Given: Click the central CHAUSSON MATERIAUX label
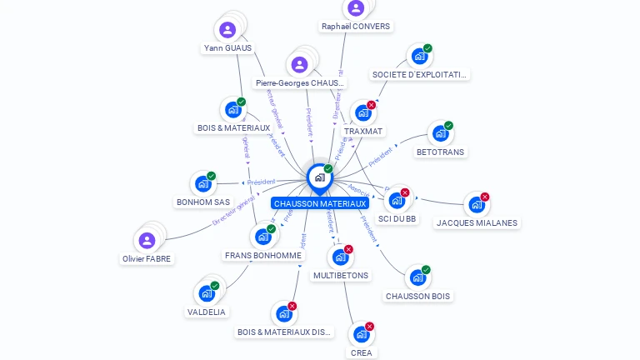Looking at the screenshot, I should click(319, 203).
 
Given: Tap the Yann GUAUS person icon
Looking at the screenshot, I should click(227, 30).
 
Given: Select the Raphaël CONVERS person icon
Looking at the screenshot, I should click(356, 8).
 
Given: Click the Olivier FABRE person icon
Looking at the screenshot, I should click(147, 241).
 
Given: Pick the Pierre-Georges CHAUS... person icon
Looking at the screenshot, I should click(300, 64).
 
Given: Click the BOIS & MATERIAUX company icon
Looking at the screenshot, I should click(232, 110).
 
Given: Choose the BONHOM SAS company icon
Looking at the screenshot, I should click(202, 184).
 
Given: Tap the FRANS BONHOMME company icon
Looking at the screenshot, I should click(262, 237).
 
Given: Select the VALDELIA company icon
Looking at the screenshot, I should click(206, 293).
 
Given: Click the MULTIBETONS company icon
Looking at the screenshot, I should click(340, 257).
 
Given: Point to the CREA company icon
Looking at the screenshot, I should click(361, 334).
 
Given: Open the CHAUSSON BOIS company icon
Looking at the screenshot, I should click(417, 277).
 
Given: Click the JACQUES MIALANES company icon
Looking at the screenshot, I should click(476, 205).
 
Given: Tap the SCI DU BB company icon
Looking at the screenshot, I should click(397, 201).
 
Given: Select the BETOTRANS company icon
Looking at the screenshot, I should click(439, 133).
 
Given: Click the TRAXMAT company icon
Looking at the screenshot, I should click(362, 112).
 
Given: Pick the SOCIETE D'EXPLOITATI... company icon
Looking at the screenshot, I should click(418, 57).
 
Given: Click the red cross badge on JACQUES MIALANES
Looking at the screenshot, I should click(485, 197).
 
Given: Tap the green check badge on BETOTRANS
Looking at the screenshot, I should click(448, 126).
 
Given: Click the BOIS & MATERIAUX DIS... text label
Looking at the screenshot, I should click(284, 332).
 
